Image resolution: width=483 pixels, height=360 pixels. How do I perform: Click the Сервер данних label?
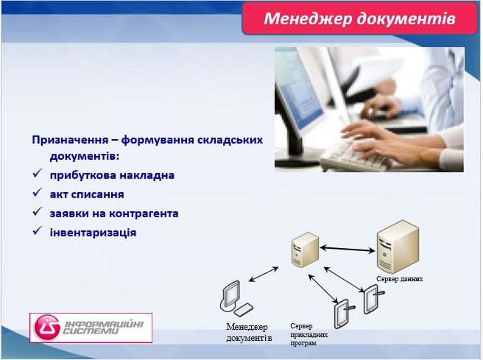[x=399, y=280]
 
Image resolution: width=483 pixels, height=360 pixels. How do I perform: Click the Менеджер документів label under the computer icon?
[x=249, y=332]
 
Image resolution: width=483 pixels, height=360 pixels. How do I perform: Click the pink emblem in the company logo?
[x=49, y=327]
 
